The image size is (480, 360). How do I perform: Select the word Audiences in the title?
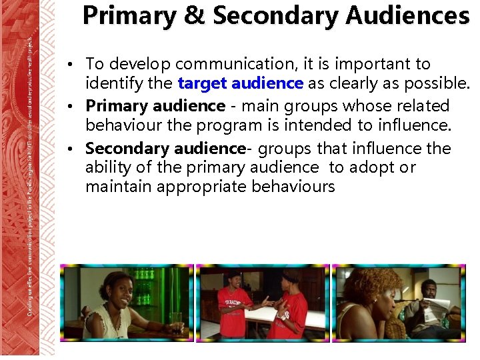(x=407, y=16)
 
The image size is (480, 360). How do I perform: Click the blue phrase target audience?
(x=241, y=84)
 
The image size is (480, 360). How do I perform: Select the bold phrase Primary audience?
(x=155, y=106)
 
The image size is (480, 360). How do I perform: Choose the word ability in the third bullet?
(x=108, y=167)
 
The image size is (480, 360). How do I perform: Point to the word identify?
(x=111, y=84)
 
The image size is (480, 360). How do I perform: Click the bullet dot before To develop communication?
(x=77, y=65)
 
